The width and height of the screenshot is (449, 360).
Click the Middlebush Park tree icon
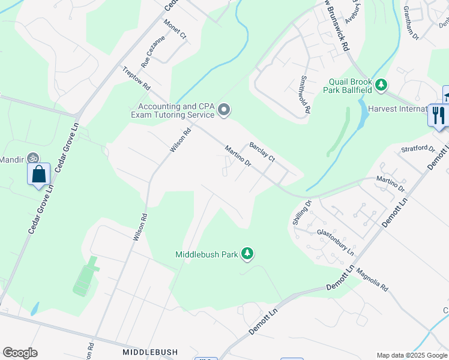pyautogui.click(x=247, y=254)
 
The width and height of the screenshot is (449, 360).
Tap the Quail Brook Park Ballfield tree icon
pyautogui.click(x=381, y=86)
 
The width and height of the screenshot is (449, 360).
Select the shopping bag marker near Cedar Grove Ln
pyautogui.click(x=39, y=175)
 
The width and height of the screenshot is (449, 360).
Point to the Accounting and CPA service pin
pyautogui.click(x=224, y=109)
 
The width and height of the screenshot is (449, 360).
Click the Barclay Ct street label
pyautogui.click(x=262, y=151)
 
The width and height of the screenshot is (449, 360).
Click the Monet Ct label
pyautogui.click(x=175, y=28)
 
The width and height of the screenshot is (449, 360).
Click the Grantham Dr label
pyautogui.click(x=411, y=23)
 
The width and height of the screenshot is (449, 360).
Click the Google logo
pyautogui.click(x=20, y=353)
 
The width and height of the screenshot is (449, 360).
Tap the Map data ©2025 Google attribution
pyautogui.click(x=411, y=355)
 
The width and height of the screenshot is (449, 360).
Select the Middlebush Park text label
pyautogui.click(x=206, y=254)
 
